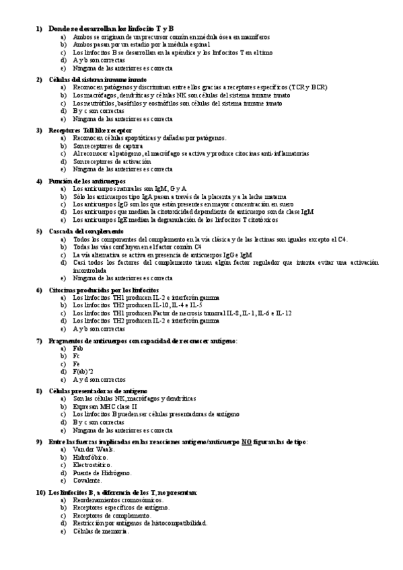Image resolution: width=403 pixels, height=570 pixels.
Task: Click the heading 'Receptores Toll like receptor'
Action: click(x=90, y=130)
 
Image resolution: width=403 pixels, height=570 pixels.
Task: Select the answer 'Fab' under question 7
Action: click(x=78, y=350)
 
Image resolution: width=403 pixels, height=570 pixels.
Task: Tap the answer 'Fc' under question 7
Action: click(x=77, y=356)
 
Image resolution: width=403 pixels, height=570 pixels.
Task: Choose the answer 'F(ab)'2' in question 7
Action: click(x=83, y=371)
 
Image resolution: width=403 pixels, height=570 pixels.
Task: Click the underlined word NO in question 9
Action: click(x=246, y=442)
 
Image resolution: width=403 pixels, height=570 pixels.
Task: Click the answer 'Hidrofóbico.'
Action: click(x=89, y=456)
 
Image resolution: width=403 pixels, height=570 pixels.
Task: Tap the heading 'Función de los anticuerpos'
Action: click(x=87, y=181)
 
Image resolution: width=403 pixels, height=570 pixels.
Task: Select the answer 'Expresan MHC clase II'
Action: click(x=104, y=406)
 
